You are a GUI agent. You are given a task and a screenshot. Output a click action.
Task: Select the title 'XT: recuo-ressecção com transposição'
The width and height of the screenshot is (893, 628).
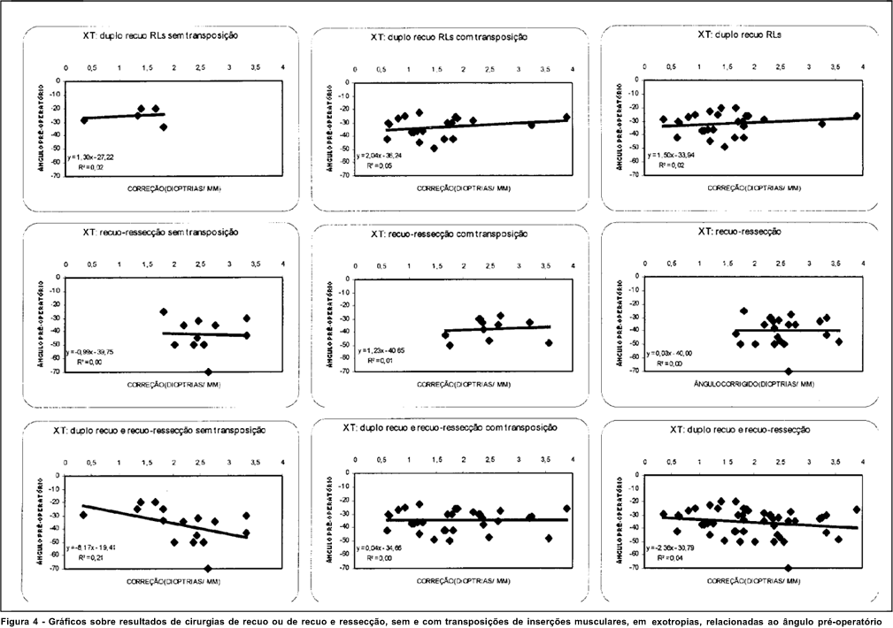click(450, 234)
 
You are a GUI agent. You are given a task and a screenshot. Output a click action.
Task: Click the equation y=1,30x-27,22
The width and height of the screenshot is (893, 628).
click(90, 156)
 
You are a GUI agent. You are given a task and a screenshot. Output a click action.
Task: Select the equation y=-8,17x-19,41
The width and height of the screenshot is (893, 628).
click(94, 548)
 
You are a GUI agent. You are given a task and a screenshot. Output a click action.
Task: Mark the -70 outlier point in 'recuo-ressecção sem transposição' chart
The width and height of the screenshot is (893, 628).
click(208, 371)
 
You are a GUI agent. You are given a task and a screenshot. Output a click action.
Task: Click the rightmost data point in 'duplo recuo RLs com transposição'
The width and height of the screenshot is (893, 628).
click(566, 117)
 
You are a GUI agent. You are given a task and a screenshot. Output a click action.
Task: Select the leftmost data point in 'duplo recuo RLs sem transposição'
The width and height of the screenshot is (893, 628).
click(84, 119)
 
